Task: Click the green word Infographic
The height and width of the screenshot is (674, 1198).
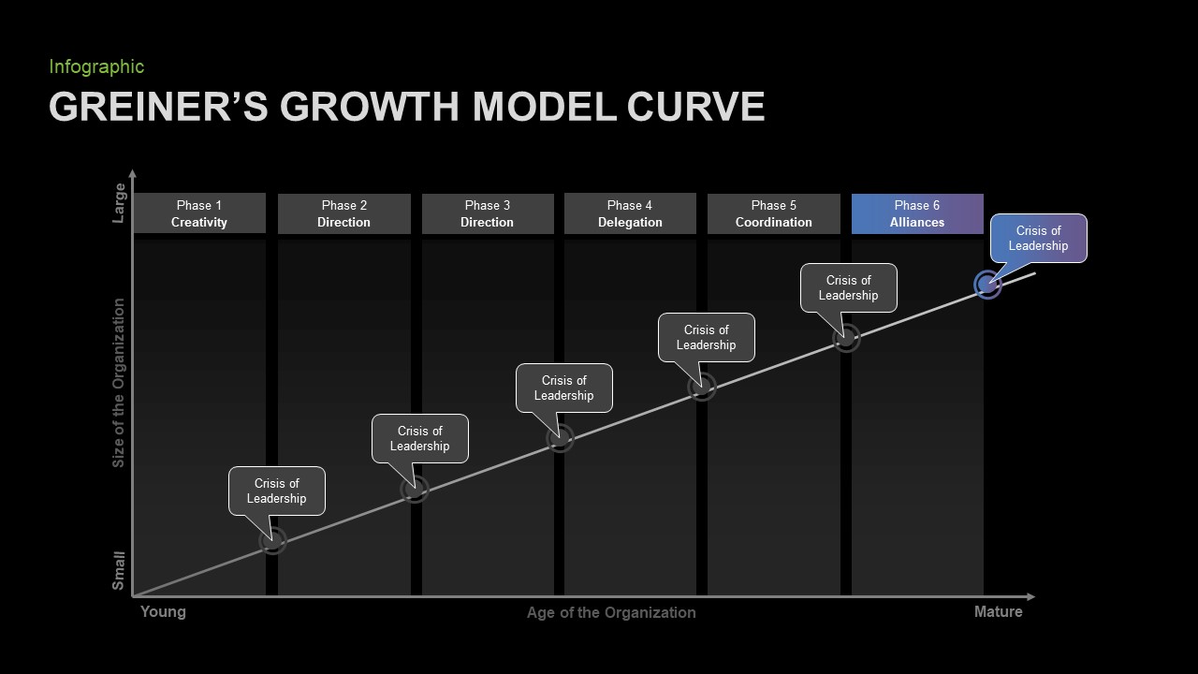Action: click(x=96, y=66)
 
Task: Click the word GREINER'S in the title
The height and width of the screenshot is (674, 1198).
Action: click(x=158, y=106)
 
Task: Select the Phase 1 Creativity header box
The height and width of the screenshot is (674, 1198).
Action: click(x=199, y=213)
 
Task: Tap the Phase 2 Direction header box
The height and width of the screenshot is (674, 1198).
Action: click(x=343, y=213)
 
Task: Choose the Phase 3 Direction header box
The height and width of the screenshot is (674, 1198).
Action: click(x=488, y=213)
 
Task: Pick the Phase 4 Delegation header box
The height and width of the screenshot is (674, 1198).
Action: click(x=630, y=213)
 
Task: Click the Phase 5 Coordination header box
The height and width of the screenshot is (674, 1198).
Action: click(x=773, y=213)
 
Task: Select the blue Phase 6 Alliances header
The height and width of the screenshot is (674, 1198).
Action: click(x=917, y=213)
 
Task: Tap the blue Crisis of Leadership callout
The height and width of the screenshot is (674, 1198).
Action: click(x=1038, y=238)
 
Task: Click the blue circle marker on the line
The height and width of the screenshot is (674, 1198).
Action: click(x=987, y=285)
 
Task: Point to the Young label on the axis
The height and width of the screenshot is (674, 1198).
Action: click(x=163, y=611)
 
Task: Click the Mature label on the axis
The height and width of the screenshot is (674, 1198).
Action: click(x=998, y=611)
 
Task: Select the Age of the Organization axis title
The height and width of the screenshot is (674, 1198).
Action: click(x=611, y=612)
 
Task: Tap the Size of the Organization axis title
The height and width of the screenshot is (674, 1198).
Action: click(x=118, y=383)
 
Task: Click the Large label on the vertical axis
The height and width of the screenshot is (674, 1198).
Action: click(x=118, y=203)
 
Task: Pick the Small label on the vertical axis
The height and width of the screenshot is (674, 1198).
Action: click(x=118, y=571)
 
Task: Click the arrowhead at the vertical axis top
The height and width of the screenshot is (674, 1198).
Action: click(x=133, y=173)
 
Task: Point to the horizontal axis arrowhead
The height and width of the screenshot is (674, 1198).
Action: click(x=1031, y=596)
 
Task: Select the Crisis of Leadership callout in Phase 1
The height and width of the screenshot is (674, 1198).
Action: click(x=276, y=491)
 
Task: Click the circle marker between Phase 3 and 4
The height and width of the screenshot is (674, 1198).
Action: click(x=560, y=439)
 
